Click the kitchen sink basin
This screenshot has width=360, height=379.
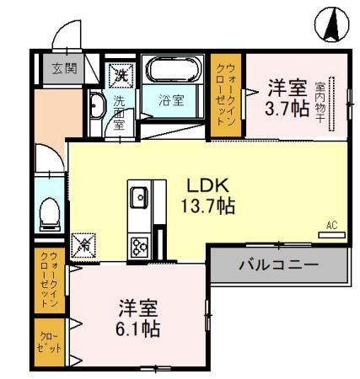pyautogui.click(x=139, y=200)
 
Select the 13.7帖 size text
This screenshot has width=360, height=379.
pyautogui.click(x=206, y=206)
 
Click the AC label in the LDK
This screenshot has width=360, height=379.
pyautogui.click(x=331, y=225)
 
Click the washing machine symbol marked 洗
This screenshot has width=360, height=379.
pyautogui.click(x=121, y=73)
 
